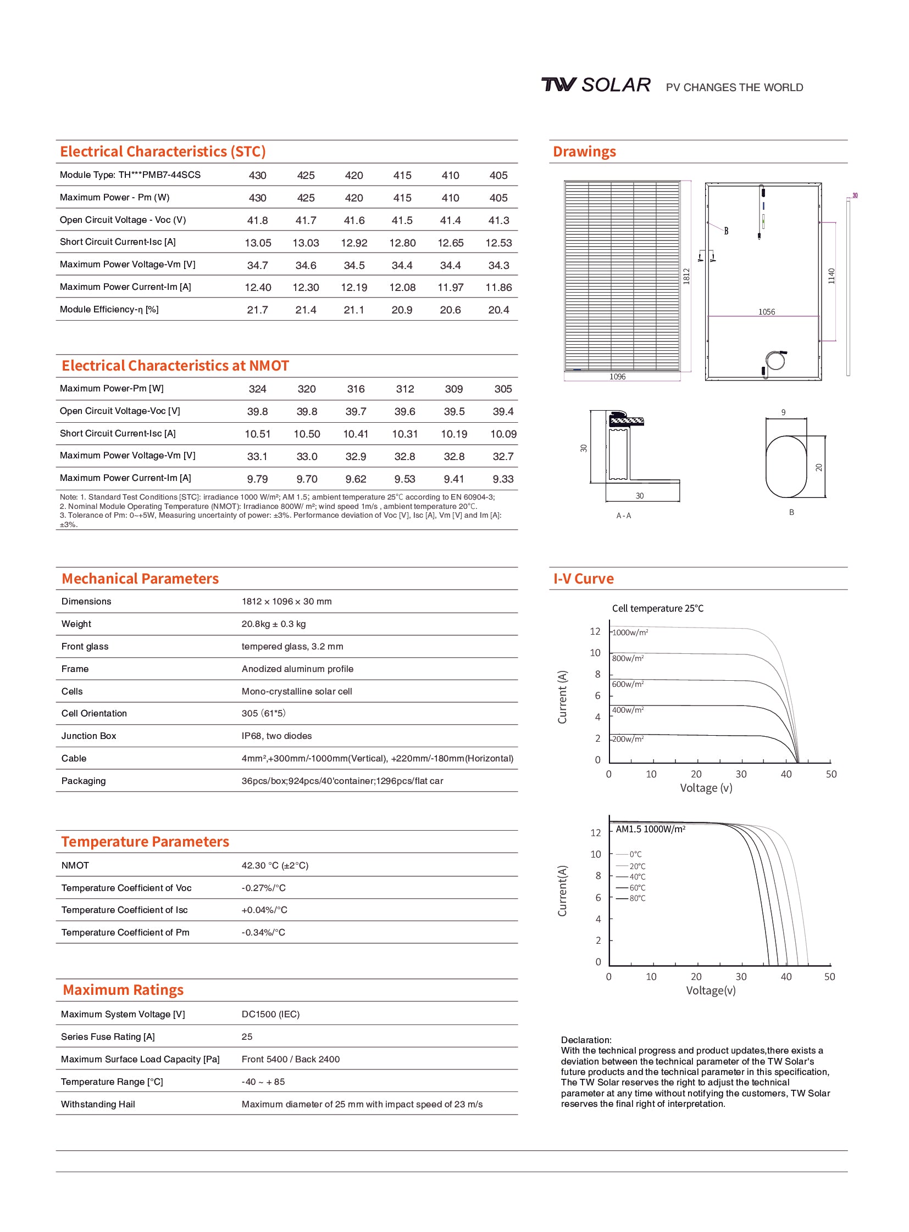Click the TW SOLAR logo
[595, 85]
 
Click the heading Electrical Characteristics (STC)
[163, 152]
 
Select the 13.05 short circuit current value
[258, 243]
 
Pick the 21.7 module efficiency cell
[258, 310]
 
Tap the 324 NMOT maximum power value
[258, 389]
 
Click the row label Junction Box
[88, 736]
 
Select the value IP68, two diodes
[276, 736]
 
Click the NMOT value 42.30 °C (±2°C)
[275, 866]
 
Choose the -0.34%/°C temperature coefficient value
[263, 933]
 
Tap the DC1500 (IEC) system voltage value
[270, 1014]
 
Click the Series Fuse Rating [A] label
[108, 1037]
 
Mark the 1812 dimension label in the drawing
[686, 276]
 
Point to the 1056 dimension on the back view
[767, 312]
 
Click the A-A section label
[623, 516]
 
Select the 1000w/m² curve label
[630, 633]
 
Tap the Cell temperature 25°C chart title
[657, 608]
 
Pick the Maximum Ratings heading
[123, 990]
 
